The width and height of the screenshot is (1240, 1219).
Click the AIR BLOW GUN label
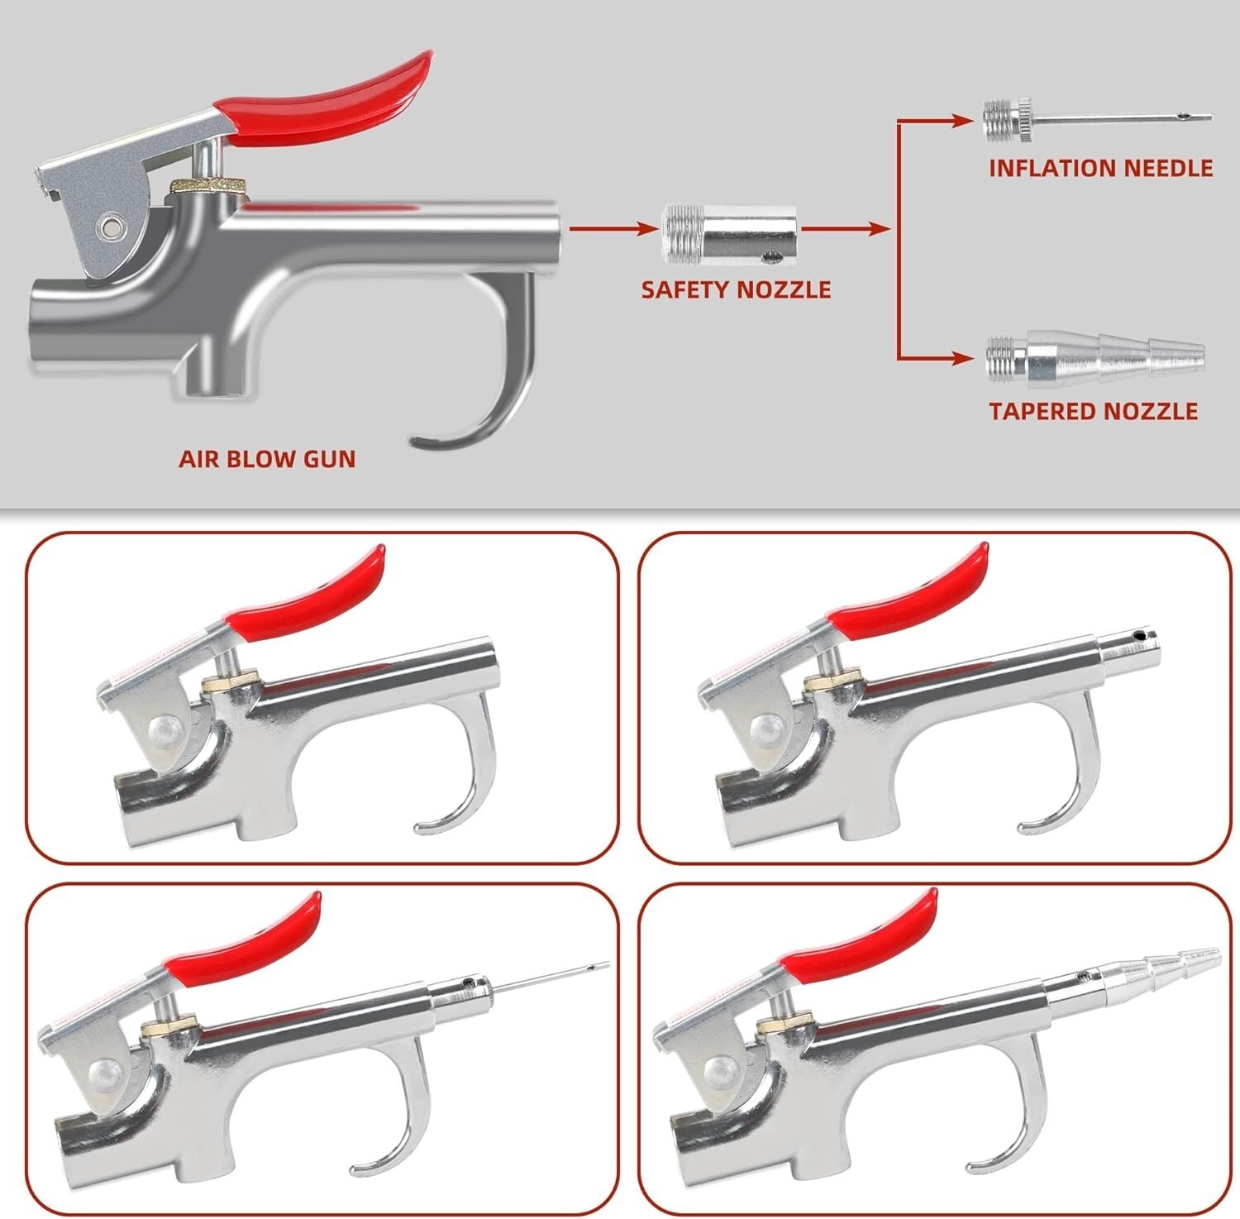267,458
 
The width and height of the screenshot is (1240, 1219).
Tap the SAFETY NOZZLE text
736,289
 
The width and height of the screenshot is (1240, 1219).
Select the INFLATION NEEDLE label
1100,168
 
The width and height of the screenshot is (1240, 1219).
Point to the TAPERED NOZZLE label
1093,410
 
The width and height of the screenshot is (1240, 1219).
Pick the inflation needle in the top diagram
1097,118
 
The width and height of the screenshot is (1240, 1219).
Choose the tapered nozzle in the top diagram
1095,358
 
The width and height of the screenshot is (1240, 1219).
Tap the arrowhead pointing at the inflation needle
961,120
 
